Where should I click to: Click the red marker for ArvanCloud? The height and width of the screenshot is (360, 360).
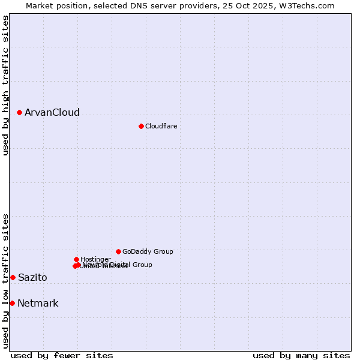point(19,112)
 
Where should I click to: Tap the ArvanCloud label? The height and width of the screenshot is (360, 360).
point(52,113)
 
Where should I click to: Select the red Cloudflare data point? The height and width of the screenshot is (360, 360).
point(141,126)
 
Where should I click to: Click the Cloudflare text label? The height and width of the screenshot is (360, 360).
point(161,126)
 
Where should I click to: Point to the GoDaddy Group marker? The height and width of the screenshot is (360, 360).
point(118,251)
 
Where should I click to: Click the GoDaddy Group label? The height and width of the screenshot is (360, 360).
point(148,251)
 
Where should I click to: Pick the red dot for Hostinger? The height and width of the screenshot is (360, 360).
point(76,259)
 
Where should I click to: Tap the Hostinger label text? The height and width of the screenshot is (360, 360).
point(95,259)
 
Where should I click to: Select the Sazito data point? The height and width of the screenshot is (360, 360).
point(13,277)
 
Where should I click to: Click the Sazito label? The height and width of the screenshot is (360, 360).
point(32,278)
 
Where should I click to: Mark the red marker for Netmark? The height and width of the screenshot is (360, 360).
point(12,303)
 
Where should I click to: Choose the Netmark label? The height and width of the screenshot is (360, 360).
point(38,304)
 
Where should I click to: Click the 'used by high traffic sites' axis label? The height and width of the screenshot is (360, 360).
point(5,85)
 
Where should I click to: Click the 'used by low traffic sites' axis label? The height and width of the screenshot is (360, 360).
point(5,281)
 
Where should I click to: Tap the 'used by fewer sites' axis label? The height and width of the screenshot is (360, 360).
point(62,356)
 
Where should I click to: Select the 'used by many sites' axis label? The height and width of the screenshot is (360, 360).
point(301,356)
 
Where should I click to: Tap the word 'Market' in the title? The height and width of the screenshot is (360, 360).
point(40,5)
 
